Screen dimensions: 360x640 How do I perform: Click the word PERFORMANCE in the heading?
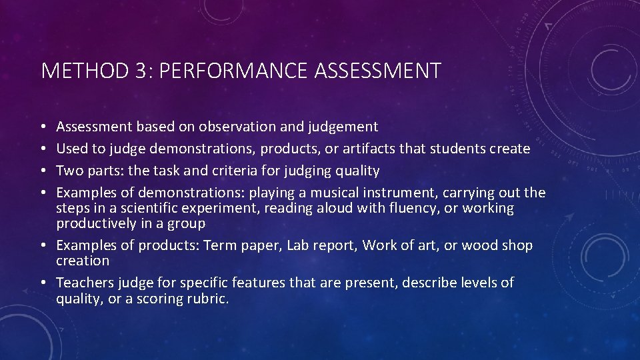(228, 71)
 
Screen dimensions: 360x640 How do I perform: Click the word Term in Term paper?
(217, 245)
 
